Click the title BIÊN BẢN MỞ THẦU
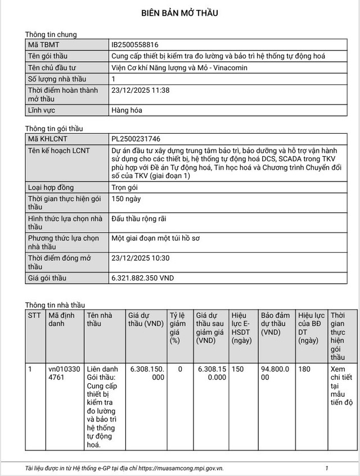pos(179,13)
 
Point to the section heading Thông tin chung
pos(51,34)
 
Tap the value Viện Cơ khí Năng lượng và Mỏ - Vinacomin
pos(179,67)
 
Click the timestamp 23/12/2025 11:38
pos(141,90)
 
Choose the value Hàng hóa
pos(127,110)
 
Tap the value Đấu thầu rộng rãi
pos(139,219)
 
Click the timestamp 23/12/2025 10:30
pos(141,258)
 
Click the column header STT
pos(34,315)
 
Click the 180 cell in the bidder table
pos(304,369)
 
